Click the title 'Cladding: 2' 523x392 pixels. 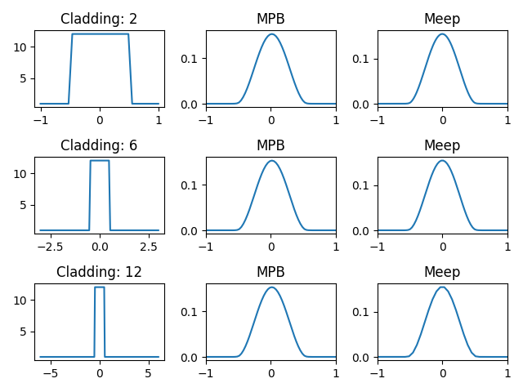tap(99, 20)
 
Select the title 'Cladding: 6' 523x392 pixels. tap(99, 146)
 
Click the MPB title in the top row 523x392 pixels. tap(270, 20)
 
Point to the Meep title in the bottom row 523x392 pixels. tap(442, 272)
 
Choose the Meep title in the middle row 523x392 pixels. tap(442, 146)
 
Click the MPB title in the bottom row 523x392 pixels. tap(270, 272)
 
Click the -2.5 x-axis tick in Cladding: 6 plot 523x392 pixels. tap(50, 246)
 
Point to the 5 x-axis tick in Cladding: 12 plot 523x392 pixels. tap(149, 372)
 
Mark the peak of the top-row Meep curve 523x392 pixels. tap(442, 34)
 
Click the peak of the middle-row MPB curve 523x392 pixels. tap(270, 161)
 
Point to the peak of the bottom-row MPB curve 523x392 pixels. tap(270, 287)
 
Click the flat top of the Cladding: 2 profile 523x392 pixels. tap(100, 34)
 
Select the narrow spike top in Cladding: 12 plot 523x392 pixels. tap(100, 287)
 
